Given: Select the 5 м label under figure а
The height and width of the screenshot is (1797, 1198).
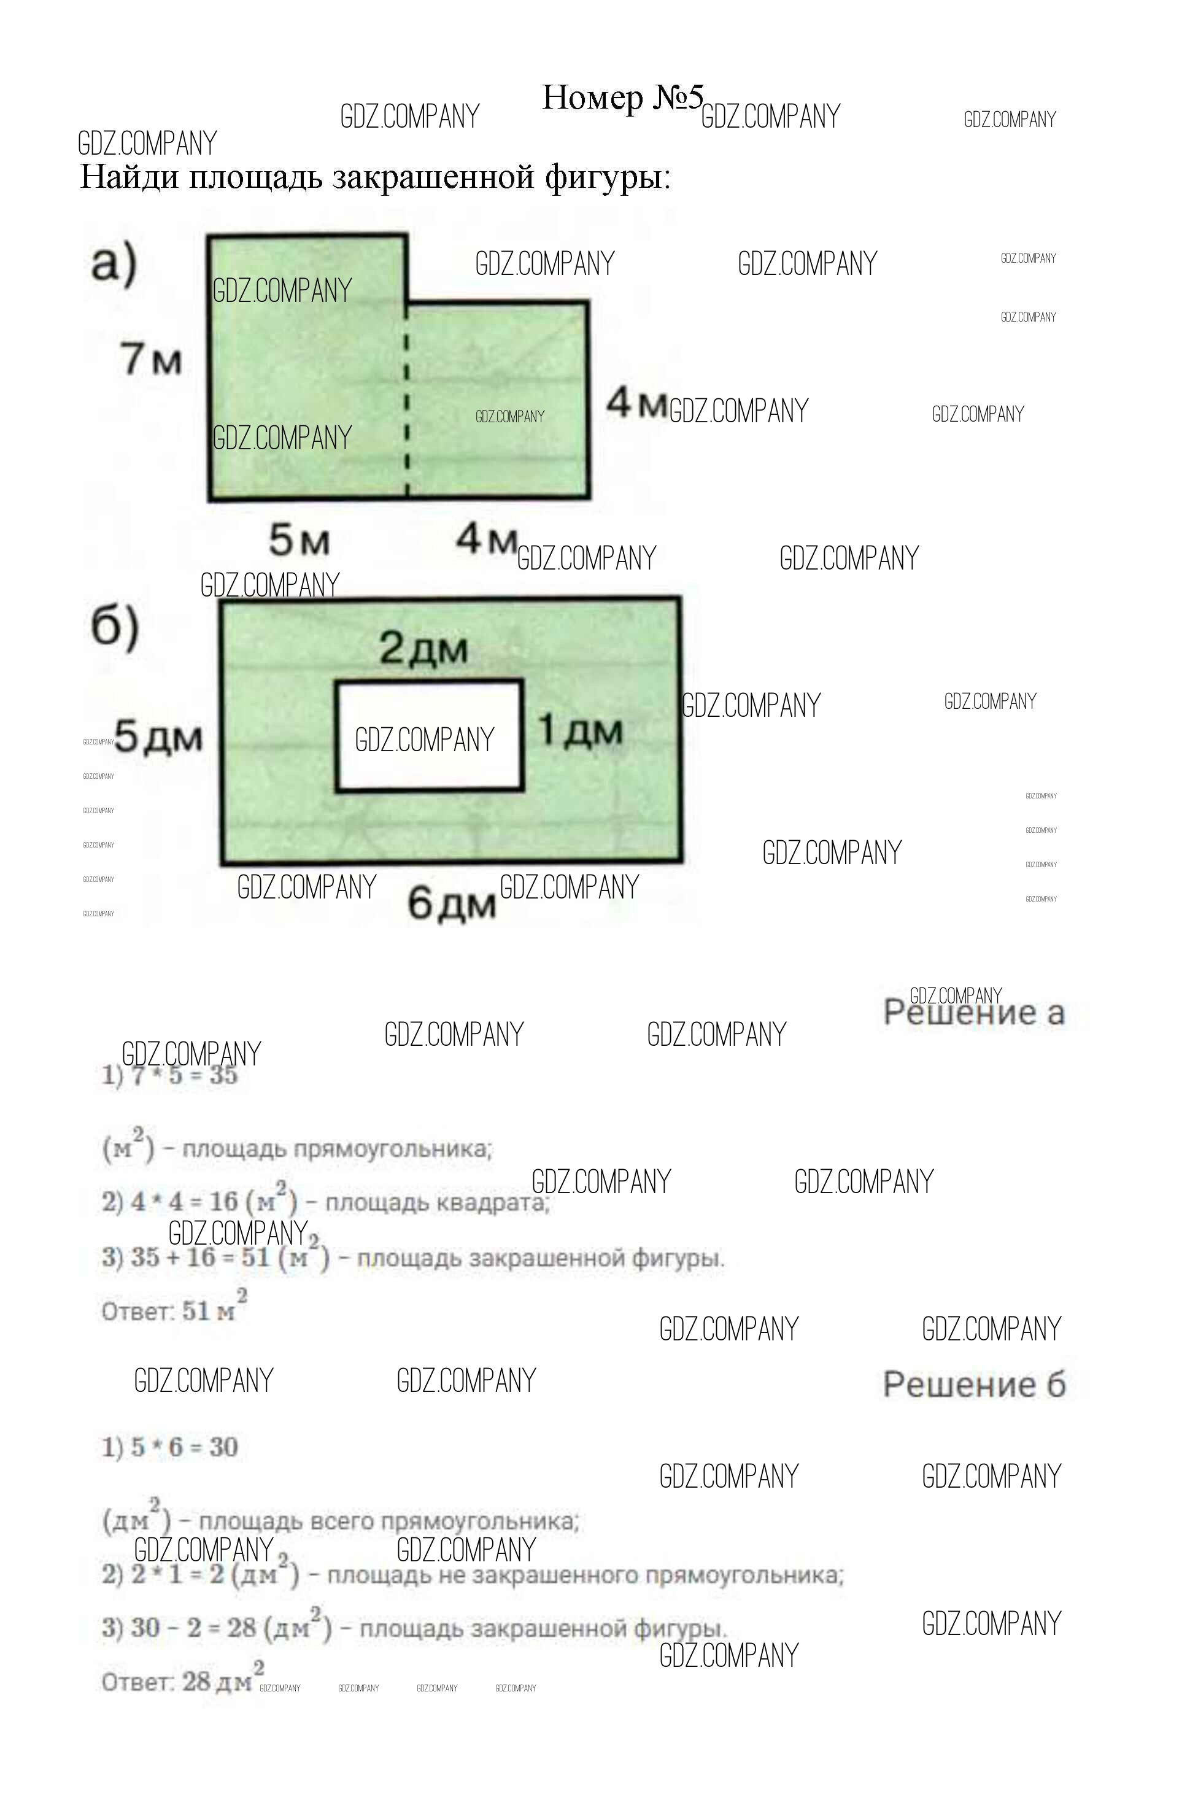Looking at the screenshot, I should pyautogui.click(x=299, y=539).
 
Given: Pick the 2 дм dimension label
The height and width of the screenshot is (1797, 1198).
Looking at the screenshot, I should pyautogui.click(x=423, y=649).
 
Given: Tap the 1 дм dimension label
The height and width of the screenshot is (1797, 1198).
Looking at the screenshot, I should pyautogui.click(x=580, y=730).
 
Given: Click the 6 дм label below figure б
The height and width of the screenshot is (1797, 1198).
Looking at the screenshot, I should pyautogui.click(x=450, y=904).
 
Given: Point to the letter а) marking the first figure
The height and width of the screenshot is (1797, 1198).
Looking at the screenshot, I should pyautogui.click(x=113, y=263).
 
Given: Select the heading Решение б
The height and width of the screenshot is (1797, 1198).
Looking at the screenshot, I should pyautogui.click(x=973, y=1385).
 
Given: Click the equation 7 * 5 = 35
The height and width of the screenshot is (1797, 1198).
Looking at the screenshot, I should pyautogui.click(x=184, y=1076).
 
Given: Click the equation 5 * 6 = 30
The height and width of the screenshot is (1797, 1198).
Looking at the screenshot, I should pyautogui.click(x=184, y=1447).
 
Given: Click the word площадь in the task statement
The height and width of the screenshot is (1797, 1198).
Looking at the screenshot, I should pyautogui.click(x=256, y=177).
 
